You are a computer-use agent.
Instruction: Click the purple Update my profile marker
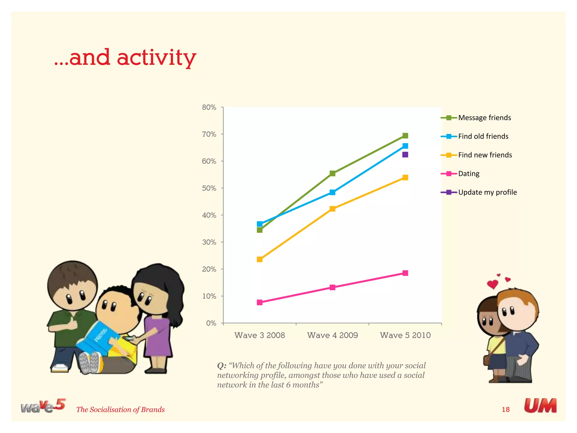(x=405, y=154)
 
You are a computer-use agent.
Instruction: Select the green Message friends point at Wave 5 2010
(x=405, y=136)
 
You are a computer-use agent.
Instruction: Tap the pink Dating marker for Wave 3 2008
(x=260, y=302)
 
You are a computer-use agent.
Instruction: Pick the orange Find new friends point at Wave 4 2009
(x=332, y=209)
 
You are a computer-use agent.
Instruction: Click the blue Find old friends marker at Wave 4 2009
(x=332, y=192)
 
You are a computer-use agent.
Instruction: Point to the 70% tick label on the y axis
(x=209, y=134)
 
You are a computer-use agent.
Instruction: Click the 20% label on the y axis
(x=209, y=269)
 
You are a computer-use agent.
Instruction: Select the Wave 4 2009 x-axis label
(x=332, y=335)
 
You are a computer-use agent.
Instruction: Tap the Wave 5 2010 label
(x=405, y=335)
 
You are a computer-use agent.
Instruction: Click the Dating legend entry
(x=469, y=174)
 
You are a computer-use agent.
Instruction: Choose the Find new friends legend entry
(x=485, y=155)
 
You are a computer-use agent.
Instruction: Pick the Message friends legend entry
(x=484, y=118)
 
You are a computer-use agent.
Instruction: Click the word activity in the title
(x=156, y=58)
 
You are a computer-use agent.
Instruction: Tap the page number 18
(x=506, y=409)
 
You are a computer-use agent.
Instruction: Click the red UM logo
(x=540, y=406)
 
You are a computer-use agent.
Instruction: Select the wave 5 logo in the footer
(x=43, y=406)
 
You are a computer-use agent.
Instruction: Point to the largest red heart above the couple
(x=492, y=284)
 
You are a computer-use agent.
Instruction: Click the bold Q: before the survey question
(x=221, y=366)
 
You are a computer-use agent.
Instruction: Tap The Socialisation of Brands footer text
(x=120, y=410)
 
